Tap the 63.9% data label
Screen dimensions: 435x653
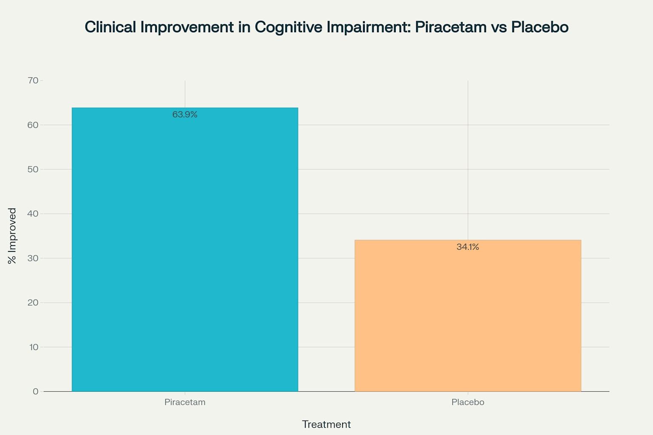(185, 115)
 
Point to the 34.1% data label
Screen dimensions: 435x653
(468, 247)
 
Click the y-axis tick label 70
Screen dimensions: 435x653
(33, 80)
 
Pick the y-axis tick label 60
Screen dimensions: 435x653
(33, 125)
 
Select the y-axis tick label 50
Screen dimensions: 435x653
(33, 169)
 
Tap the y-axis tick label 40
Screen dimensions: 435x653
(33, 214)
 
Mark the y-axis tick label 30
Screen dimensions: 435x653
(33, 258)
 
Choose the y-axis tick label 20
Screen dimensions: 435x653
(33, 302)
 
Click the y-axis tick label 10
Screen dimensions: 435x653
(34, 347)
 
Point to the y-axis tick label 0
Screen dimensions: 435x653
(36, 392)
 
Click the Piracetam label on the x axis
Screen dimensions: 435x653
(185, 402)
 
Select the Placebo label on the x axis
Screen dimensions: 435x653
(468, 402)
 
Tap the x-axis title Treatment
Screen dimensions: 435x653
(326, 424)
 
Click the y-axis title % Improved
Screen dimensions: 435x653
(12, 236)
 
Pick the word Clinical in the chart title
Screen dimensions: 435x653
(110, 27)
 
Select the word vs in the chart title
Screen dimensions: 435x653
(499, 27)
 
